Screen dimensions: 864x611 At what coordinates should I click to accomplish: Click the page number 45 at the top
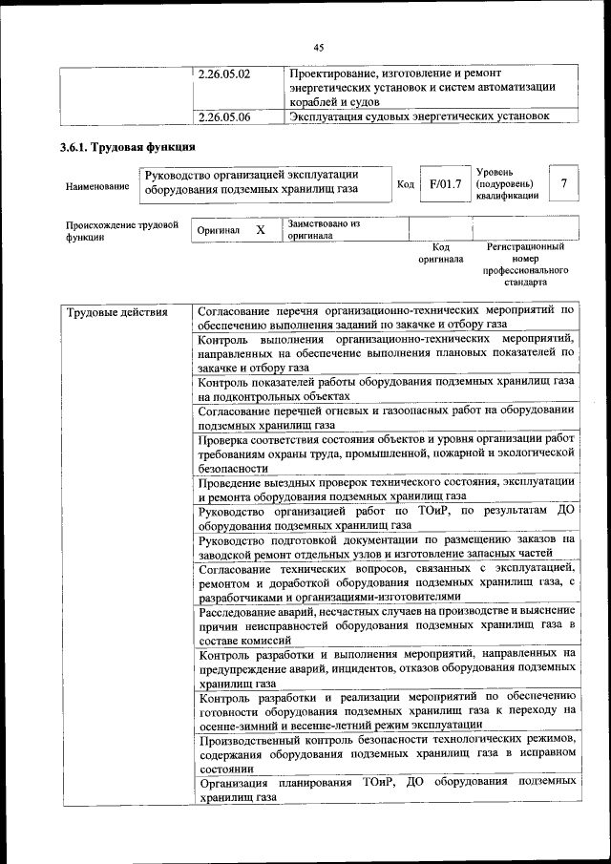319,47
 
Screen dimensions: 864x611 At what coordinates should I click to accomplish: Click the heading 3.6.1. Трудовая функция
127,148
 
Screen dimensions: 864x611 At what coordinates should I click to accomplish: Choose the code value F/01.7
445,183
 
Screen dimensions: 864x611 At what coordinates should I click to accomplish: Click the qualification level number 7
565,183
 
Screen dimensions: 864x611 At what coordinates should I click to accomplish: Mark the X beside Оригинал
260,230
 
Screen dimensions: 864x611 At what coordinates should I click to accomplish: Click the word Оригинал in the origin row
218,231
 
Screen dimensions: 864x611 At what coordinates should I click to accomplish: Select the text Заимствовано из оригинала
324,229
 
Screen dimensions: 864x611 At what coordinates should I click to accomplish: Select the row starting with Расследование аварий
387,623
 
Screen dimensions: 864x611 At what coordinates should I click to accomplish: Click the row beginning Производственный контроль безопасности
387,753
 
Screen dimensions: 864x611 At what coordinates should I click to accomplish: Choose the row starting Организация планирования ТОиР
387,789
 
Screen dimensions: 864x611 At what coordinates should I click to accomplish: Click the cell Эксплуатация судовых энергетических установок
420,117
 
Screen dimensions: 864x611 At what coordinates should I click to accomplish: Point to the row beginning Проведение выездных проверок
387,489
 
